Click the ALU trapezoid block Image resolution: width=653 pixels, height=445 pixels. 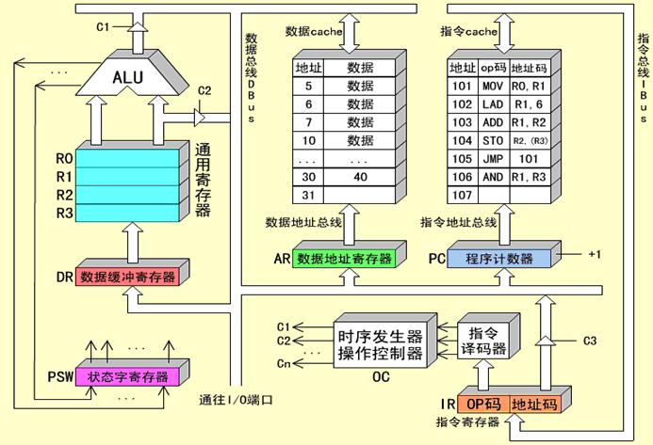point(128,78)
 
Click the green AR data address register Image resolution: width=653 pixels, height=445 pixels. point(344,259)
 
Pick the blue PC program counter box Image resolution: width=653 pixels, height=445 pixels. point(498,259)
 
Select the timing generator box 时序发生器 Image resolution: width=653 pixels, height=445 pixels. point(381,345)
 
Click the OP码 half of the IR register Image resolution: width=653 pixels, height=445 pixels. point(483,405)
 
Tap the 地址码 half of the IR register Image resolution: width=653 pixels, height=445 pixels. point(534,405)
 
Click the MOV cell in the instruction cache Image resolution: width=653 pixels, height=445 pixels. point(493,87)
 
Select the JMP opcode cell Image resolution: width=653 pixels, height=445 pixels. point(493,159)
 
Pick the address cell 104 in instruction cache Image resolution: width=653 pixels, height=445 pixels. point(463,140)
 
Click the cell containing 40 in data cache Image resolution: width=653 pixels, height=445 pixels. point(360,177)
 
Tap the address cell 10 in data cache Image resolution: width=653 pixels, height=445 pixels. point(308,140)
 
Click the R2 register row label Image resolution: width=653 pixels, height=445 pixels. point(65,195)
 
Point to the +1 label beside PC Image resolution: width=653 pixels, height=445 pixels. point(595,254)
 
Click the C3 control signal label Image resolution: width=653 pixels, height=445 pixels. point(590,341)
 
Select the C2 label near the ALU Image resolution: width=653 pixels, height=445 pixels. point(204,90)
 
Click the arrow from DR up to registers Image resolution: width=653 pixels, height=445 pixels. point(133,243)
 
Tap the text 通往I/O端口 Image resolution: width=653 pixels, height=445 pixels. point(236,400)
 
